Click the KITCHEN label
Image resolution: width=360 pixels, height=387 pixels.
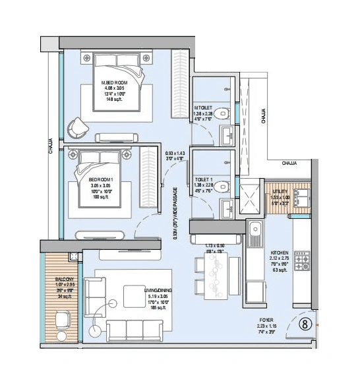[x=280, y=253]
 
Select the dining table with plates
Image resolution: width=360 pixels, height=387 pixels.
[x=214, y=273]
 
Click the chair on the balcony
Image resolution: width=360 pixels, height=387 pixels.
[x=63, y=322]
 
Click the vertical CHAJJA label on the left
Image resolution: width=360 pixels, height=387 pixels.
[x=51, y=146]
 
